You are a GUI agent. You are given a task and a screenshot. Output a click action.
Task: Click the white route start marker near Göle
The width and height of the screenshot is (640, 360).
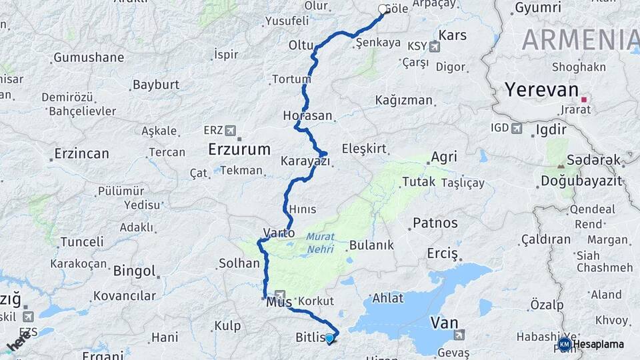click(x=383, y=9)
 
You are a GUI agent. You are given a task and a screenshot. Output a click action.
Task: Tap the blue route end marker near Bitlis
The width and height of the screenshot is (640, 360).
click(x=329, y=338)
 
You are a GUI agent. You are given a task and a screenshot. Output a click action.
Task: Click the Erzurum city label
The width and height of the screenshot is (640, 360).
click(x=239, y=149)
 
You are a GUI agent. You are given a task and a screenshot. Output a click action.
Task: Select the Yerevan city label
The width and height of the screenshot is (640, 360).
click(x=541, y=90)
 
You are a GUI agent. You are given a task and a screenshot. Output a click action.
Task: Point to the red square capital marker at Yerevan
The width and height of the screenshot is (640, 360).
click(x=584, y=99)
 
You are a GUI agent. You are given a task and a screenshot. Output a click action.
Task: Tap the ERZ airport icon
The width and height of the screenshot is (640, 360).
click(x=231, y=129)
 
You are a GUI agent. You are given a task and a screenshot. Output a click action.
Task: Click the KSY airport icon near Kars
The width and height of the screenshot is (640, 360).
click(x=435, y=47)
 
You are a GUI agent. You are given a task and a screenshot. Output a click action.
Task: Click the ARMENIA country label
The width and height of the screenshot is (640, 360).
click(x=580, y=40)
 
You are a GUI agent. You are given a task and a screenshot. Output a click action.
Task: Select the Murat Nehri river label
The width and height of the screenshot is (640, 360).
click(x=321, y=241)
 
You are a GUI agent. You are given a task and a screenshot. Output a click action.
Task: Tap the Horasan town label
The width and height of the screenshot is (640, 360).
click(x=307, y=115)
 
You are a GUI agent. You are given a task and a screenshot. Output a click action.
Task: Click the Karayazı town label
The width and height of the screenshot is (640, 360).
click(x=305, y=161)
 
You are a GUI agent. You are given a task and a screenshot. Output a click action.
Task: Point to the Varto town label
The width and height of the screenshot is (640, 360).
click(x=279, y=233)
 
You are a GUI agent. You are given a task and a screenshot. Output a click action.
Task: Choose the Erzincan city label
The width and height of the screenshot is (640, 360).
click(x=81, y=154)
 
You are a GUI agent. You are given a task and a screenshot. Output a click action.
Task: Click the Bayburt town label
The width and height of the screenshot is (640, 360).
click(x=156, y=85)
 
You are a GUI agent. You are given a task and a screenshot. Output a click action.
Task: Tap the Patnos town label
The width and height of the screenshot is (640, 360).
click(x=435, y=223)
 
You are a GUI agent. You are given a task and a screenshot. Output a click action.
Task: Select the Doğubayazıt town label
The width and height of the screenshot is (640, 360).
click(x=581, y=181)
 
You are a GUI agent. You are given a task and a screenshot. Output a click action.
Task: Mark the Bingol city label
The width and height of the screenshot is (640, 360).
click(x=135, y=271)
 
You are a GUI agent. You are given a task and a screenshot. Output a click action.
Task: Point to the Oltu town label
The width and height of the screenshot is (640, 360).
click(x=301, y=45)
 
